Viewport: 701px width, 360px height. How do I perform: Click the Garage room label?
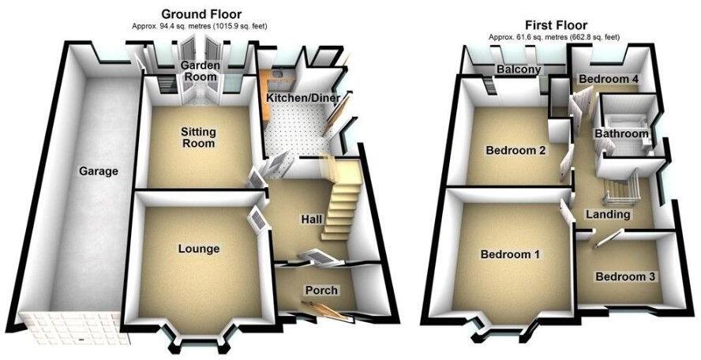tap(98, 171)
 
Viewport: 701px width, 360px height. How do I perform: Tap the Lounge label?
tap(199, 249)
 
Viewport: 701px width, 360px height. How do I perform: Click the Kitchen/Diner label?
tap(298, 97)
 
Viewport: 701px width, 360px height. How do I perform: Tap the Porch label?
tap(321, 291)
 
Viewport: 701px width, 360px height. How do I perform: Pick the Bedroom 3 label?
tap(625, 277)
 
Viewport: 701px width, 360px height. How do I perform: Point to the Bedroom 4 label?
tap(608, 80)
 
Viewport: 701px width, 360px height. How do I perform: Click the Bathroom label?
tap(622, 134)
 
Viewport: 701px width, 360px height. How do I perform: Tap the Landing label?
tap(608, 215)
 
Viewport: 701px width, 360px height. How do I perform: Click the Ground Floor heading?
tap(201, 13)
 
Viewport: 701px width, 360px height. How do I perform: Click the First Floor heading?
tap(557, 24)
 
